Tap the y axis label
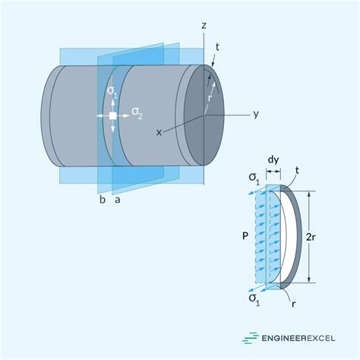pyautogui.click(x=257, y=115)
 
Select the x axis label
pyautogui.click(x=159, y=132)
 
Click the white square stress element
pyautogui.click(x=112, y=115)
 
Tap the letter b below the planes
pyautogui.click(x=102, y=201)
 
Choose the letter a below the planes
pyautogui.click(x=116, y=201)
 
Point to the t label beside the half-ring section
pyautogui.click(x=298, y=172)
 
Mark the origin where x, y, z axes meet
pyautogui.click(x=204, y=115)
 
